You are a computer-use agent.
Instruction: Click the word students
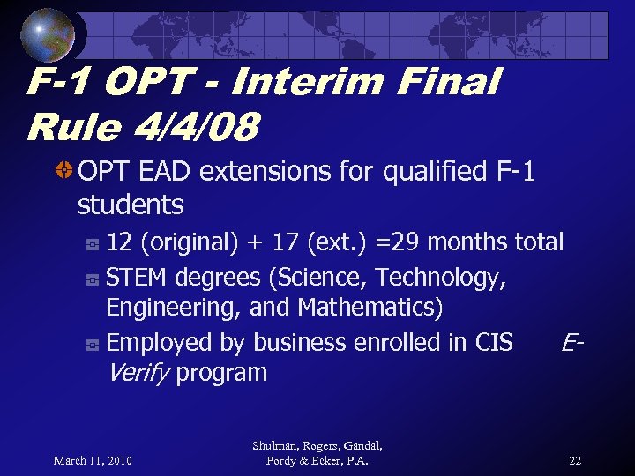pos(131,205)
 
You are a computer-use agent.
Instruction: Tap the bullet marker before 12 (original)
pos(92,243)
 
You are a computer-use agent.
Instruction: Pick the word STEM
pos(138,278)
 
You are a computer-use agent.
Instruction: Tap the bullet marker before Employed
pos(92,344)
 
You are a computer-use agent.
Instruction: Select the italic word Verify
pos(138,373)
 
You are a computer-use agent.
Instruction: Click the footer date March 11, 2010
pos(93,460)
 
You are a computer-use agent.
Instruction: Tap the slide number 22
pos(574,460)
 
